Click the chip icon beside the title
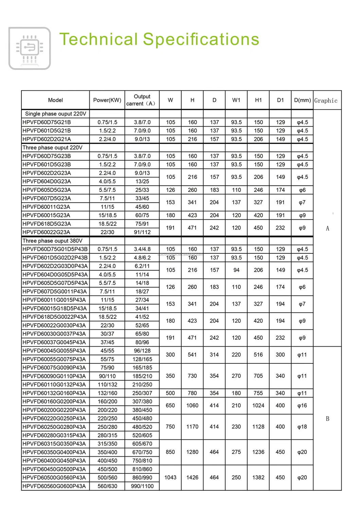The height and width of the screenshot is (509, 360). click(x=30, y=48)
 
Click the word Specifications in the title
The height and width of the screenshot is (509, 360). click(x=201, y=39)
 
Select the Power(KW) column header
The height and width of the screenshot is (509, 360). click(x=107, y=100)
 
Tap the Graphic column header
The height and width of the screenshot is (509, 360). click(x=326, y=101)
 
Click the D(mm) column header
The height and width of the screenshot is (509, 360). click(x=302, y=100)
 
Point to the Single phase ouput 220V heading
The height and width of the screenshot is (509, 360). click(x=56, y=114)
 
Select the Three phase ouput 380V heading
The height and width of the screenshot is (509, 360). click(x=53, y=241)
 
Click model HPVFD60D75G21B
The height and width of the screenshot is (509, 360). click(x=47, y=122)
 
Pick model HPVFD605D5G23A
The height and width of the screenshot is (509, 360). click(x=47, y=190)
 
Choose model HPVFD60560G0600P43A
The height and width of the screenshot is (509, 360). click(x=54, y=486)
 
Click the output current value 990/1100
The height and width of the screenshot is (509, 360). click(x=142, y=486)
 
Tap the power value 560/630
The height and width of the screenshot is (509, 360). click(x=107, y=486)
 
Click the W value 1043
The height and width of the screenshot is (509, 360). click(x=170, y=477)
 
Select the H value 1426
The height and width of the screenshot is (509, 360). click(x=192, y=477)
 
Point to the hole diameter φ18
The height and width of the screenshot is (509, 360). click(x=302, y=427)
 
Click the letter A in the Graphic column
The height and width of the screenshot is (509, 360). click(x=327, y=229)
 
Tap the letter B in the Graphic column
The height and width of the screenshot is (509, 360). click(x=327, y=419)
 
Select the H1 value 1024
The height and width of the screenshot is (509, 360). click(x=258, y=405)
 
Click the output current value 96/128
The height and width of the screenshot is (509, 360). click(x=142, y=351)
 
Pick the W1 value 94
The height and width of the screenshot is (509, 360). click(x=236, y=270)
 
